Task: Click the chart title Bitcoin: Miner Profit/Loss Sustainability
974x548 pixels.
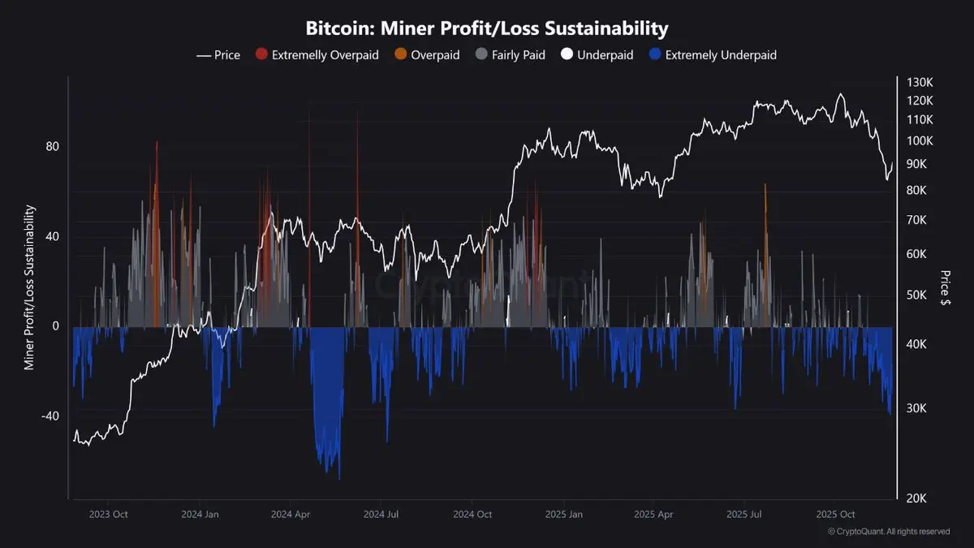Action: [487, 28]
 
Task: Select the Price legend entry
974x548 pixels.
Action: [219, 55]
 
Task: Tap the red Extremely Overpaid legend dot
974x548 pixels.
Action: [261, 55]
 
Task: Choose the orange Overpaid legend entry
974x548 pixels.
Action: [428, 55]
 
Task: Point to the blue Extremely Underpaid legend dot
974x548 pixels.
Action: [655, 55]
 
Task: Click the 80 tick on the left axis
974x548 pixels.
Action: [53, 147]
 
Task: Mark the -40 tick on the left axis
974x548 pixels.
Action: [50, 416]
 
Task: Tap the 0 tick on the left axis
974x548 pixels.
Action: [56, 326]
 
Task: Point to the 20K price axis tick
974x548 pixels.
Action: [917, 498]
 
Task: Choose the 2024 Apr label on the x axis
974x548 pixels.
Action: [291, 514]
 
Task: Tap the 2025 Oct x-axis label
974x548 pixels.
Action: [836, 514]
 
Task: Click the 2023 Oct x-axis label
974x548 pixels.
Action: [109, 514]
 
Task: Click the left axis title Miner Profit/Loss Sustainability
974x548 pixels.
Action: [29, 287]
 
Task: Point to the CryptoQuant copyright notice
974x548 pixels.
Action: [889, 532]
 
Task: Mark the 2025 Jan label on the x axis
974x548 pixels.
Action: [563, 514]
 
